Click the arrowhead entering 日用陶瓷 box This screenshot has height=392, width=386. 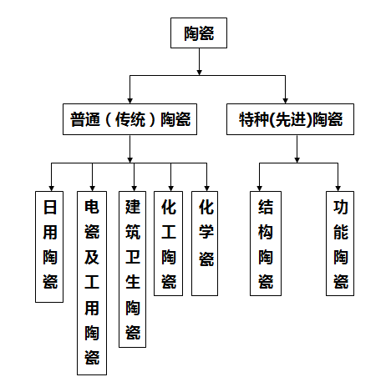(51, 188)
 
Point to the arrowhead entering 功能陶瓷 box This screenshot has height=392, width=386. (338, 188)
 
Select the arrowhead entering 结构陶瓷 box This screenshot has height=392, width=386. (259, 188)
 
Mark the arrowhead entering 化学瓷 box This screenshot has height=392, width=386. (206, 188)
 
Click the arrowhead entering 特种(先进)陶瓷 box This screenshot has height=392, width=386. (285, 101)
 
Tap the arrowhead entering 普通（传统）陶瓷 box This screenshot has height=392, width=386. (130, 101)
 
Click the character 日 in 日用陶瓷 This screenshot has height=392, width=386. (50, 207)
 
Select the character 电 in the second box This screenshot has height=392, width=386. (92, 207)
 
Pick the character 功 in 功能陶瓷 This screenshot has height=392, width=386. (341, 207)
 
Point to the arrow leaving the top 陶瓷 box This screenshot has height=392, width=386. (199, 62)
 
